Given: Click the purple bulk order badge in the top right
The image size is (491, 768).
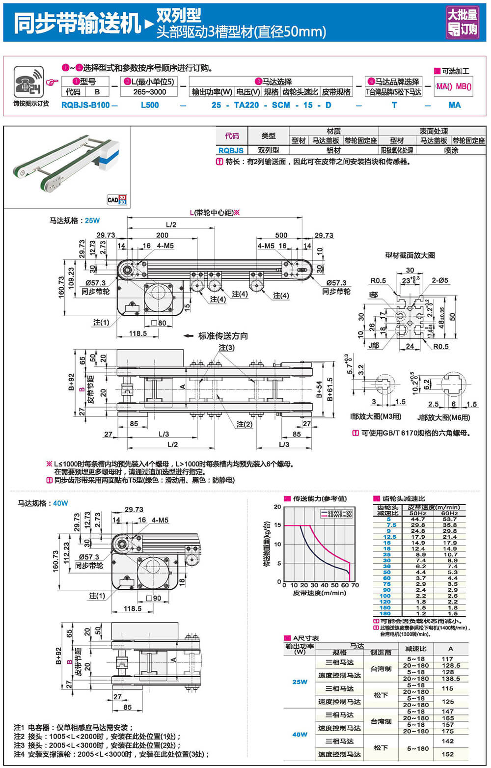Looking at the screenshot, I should pos(462,23).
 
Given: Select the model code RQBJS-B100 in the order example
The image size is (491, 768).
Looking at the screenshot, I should pos(86,105).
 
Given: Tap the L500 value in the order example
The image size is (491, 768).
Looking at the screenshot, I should pos(150,105).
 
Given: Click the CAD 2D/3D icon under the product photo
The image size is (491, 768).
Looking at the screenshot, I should pos(117,199).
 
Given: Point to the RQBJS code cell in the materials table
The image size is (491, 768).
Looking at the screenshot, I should pos(231,150).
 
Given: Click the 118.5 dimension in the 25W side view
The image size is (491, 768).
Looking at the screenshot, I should pos(138,333).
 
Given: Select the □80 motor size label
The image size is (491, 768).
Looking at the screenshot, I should pos(159,323).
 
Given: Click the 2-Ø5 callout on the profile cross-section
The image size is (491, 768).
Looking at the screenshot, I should pos(440,280).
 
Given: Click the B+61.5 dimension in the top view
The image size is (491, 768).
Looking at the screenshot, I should pos(330,389).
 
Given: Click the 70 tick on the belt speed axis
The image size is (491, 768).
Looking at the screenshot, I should pos(355,585).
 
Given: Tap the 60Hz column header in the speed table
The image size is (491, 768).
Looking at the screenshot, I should pos(449,513).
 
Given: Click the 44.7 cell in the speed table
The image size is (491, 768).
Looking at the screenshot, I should pos(418,519).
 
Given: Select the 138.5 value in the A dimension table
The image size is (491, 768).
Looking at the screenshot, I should pos(451,679).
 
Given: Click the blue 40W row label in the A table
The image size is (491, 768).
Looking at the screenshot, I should pos(300,735).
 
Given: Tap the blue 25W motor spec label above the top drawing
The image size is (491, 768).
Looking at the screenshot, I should pos(92,220).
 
